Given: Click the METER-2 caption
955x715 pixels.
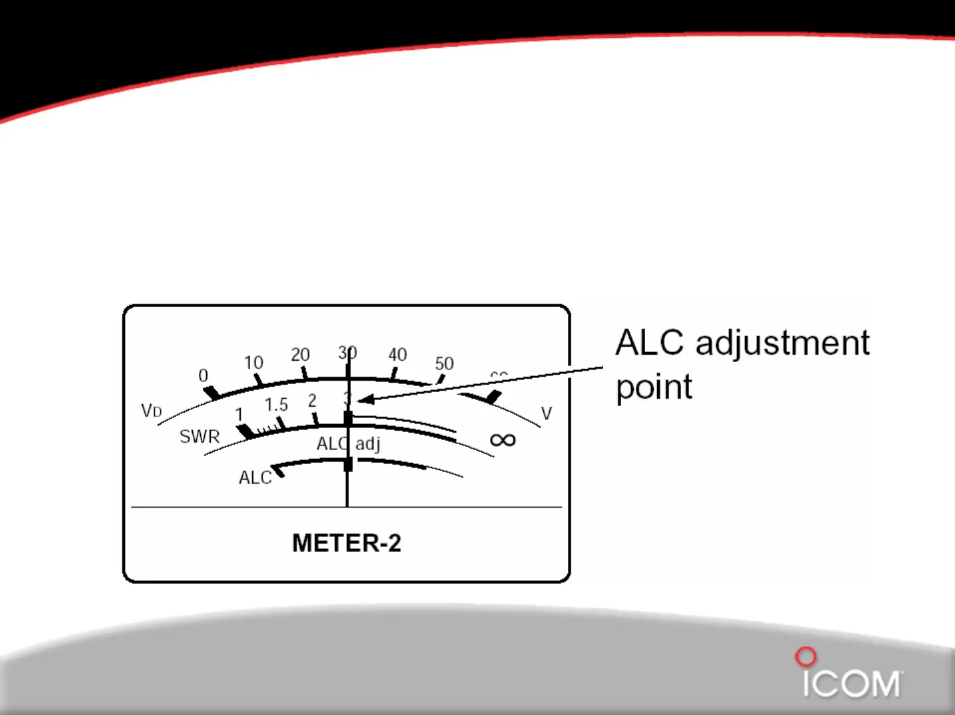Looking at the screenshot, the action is (x=346, y=543).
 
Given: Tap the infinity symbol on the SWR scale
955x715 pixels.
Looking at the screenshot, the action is (x=503, y=440).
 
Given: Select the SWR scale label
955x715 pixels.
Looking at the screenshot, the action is (x=200, y=437).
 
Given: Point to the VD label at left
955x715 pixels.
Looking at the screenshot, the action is (x=152, y=411).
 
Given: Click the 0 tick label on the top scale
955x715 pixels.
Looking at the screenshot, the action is (x=203, y=376).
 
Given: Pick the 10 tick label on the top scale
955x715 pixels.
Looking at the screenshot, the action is (x=253, y=363).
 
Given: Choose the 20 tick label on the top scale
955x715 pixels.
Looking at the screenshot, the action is (x=301, y=355).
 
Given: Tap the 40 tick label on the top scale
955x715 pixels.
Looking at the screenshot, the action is (x=398, y=355).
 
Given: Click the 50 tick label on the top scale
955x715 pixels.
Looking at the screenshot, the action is (x=444, y=363).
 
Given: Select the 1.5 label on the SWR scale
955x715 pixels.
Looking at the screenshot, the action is (x=276, y=405).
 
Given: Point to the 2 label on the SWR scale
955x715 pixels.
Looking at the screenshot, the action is (x=312, y=401).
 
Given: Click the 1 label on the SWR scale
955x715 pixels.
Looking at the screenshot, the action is (x=239, y=415).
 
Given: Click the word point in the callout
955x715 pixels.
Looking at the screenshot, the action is (x=654, y=387).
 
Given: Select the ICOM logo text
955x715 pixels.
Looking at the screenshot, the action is (x=851, y=684).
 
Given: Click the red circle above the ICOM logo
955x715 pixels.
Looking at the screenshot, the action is (x=805, y=657).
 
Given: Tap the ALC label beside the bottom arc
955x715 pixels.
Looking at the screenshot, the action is (x=255, y=478).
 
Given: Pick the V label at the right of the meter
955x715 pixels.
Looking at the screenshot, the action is (x=547, y=414).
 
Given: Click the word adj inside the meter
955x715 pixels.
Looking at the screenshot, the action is (x=368, y=444).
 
